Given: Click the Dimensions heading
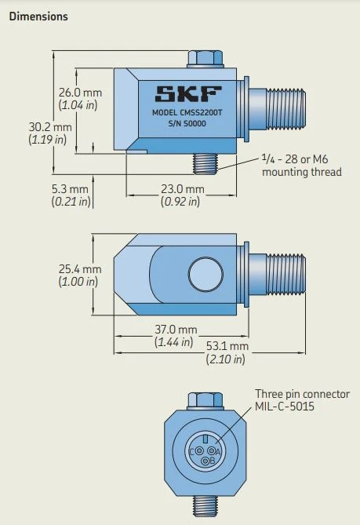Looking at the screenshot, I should [38, 16].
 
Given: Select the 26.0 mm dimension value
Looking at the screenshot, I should [81, 93].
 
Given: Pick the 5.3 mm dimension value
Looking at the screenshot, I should [70, 189].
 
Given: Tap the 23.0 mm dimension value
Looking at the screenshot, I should [182, 189].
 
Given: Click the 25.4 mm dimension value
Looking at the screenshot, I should [80, 269].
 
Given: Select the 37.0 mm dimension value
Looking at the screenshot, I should [175, 330].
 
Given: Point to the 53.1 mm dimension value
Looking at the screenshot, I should [227, 346].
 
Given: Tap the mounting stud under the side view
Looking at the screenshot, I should [209, 163].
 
